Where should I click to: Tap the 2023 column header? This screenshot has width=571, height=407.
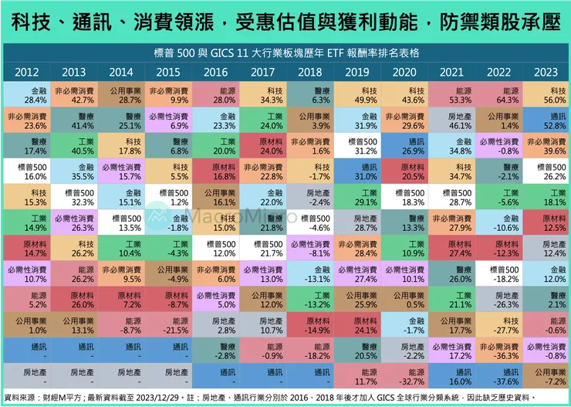545,72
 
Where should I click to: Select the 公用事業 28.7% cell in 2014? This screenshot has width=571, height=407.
121,95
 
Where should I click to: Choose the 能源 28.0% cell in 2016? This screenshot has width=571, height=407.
217,95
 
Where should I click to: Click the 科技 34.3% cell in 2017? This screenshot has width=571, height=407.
264,95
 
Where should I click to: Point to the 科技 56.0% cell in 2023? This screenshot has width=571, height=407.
545,95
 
